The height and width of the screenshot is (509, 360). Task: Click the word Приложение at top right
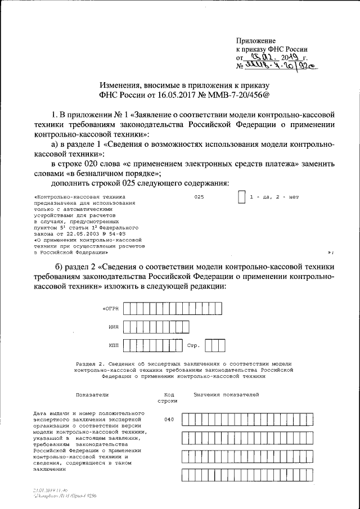(255, 41)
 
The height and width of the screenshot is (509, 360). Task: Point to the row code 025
(198, 198)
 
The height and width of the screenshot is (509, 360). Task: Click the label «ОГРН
(110, 309)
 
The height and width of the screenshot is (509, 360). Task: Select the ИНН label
(114, 326)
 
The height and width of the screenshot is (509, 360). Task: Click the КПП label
(114, 345)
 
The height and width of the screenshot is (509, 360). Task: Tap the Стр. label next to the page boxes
(194, 345)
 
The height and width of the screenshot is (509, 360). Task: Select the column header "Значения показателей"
(226, 395)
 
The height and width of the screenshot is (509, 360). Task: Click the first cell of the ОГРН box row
(128, 308)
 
